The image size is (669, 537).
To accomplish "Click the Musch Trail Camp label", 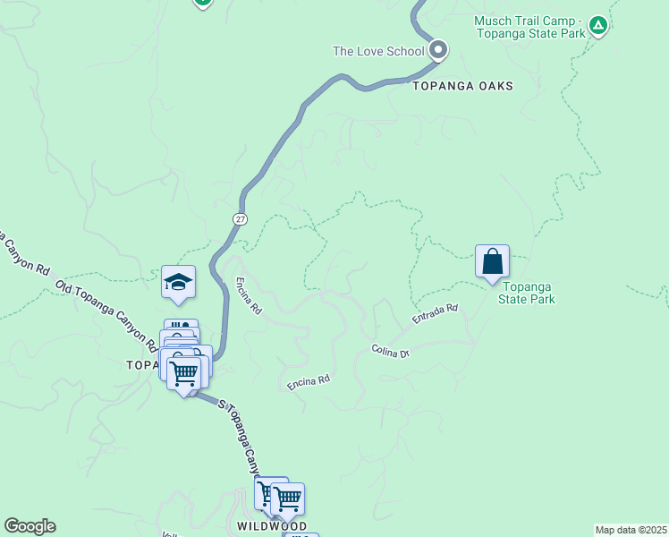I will [x=529, y=27].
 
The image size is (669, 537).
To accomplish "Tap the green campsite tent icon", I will [x=598, y=25].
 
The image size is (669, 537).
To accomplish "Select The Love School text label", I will [x=377, y=51].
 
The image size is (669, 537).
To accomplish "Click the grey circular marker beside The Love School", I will [x=438, y=51].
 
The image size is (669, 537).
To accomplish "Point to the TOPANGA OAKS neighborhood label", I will [x=462, y=86].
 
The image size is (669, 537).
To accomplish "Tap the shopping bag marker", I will [x=492, y=262].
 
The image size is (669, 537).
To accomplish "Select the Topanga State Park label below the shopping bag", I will [x=527, y=293].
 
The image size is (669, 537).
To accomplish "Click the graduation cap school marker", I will [x=178, y=282].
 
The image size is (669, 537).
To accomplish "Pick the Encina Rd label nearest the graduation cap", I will [x=249, y=294].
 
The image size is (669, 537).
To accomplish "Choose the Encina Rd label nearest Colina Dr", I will [x=309, y=382].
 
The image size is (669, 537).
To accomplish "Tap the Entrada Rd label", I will [x=435, y=313].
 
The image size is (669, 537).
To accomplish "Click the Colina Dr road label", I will [x=391, y=351].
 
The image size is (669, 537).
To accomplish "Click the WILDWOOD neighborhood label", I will [x=272, y=525].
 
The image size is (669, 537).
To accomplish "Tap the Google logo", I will [x=30, y=526].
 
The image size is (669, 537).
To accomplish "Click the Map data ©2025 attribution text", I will [x=631, y=530].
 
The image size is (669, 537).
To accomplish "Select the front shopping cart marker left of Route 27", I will [x=184, y=373].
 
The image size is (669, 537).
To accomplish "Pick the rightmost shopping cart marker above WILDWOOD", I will [x=288, y=499].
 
